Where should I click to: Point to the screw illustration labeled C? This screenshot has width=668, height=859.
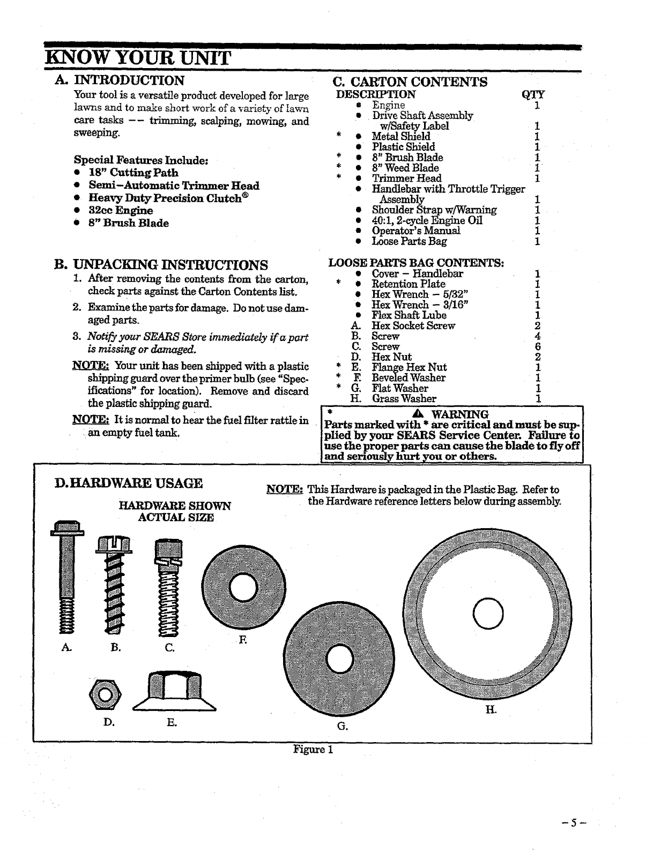(166, 587)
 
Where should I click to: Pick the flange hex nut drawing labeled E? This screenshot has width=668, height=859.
(174, 692)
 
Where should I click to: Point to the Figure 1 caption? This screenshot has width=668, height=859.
(313, 749)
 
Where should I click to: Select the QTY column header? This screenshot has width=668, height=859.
(533, 95)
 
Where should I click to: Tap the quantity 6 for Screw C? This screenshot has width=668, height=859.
(538, 347)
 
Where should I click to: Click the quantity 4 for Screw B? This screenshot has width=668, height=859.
(538, 337)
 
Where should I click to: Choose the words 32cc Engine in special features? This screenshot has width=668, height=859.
(121, 211)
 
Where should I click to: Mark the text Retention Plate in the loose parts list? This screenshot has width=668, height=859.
(409, 284)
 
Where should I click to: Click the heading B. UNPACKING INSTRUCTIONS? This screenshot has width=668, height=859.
(161, 265)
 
